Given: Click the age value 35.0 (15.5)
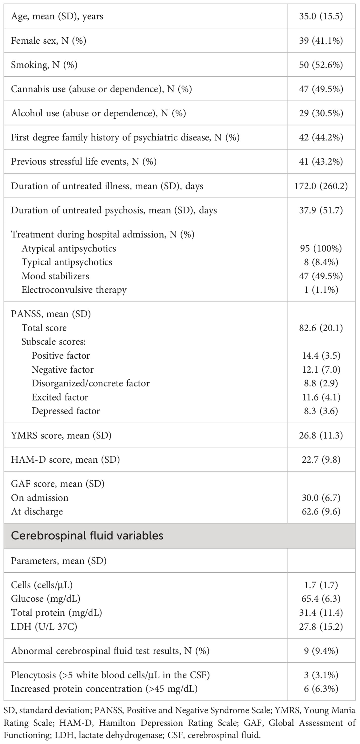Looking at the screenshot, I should [x=321, y=16].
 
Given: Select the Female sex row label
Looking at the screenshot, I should [x=49, y=41].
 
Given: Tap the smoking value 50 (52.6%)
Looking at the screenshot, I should [x=321, y=65].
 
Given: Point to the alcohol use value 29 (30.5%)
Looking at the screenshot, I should [x=321, y=113].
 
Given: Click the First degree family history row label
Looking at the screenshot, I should [x=125, y=137].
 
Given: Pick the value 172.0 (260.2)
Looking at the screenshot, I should [x=321, y=186].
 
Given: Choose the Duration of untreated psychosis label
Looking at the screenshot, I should [x=114, y=210].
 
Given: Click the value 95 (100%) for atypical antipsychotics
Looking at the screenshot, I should [x=321, y=248].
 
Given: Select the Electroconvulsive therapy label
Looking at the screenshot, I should [x=74, y=290].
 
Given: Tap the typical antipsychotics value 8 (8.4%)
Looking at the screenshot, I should [x=321, y=262].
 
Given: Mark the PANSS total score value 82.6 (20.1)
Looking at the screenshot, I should [x=321, y=328].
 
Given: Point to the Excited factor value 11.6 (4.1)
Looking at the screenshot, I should [x=321, y=397].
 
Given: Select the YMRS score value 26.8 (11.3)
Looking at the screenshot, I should [x=321, y=435].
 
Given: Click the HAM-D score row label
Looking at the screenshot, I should [x=65, y=459].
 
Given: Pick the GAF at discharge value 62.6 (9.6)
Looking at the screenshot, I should [x=321, y=511].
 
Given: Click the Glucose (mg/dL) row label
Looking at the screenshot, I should [x=46, y=599].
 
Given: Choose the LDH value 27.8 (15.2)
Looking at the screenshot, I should [x=321, y=626].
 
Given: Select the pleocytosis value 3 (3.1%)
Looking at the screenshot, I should [x=321, y=675].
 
